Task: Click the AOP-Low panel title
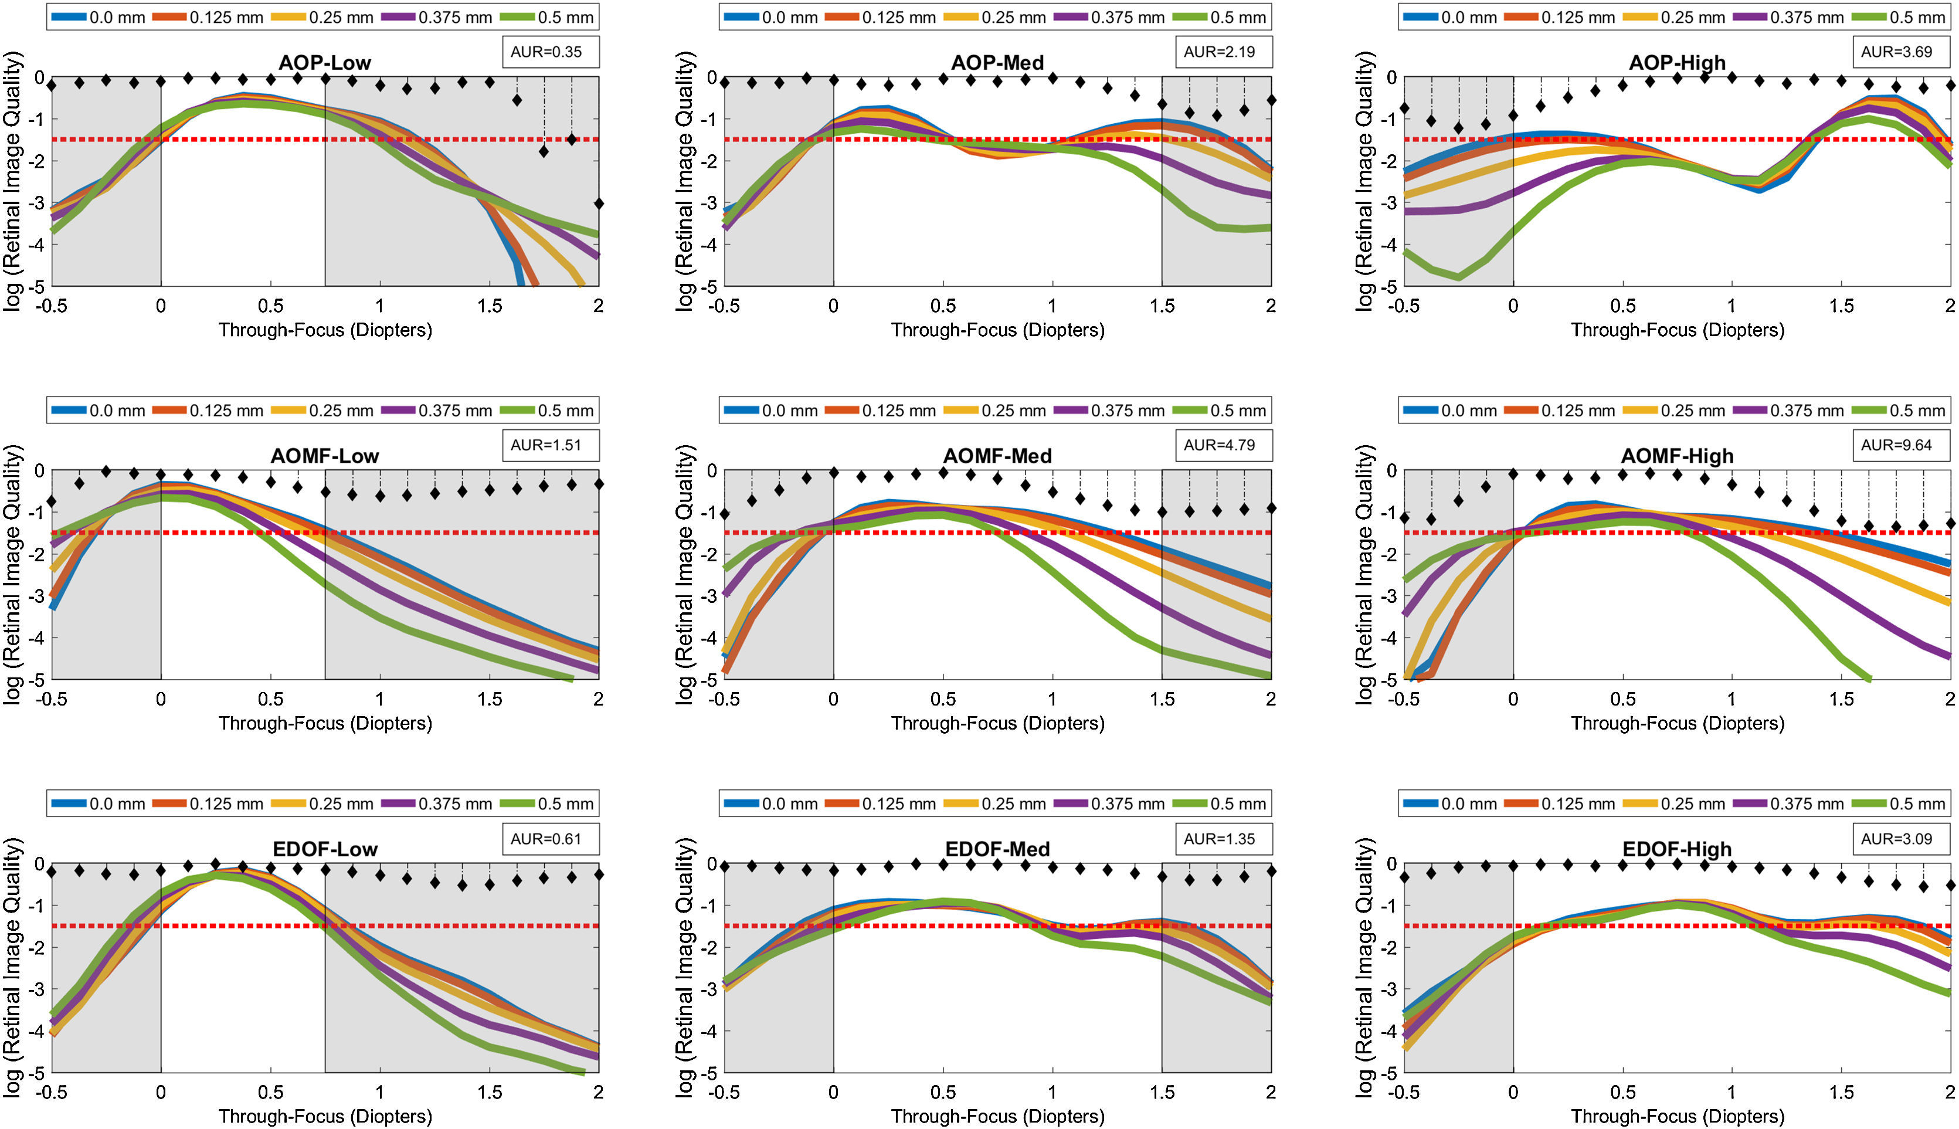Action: tap(324, 62)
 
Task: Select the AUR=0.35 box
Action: tap(546, 52)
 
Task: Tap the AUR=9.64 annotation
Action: tap(1896, 445)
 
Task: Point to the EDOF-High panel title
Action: tap(1677, 849)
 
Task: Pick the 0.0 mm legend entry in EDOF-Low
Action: tap(99, 804)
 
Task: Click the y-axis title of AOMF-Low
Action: tap(13, 575)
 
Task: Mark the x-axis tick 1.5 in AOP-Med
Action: tap(1162, 306)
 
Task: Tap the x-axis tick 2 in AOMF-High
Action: tap(1950, 700)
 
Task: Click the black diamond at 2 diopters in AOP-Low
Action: tap(599, 204)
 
